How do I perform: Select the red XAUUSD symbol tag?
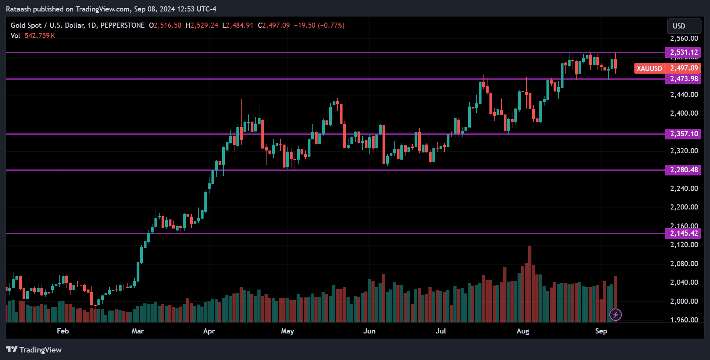pyautogui.click(x=649, y=68)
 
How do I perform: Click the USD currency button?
pyautogui.click(x=683, y=26)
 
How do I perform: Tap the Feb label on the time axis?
pyautogui.click(x=63, y=331)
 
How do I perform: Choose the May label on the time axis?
pyautogui.click(x=287, y=331)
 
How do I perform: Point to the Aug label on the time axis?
pyautogui.click(x=523, y=331)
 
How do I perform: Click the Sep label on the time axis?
pyautogui.click(x=601, y=331)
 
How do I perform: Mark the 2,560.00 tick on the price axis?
pyautogui.click(x=684, y=38)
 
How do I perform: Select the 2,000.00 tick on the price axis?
pyautogui.click(x=684, y=301)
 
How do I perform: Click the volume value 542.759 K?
pyautogui.click(x=40, y=36)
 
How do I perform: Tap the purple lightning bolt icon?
pyautogui.click(x=615, y=315)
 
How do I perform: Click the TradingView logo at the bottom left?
pyautogui.click(x=34, y=350)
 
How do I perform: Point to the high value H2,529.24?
pyautogui.click(x=202, y=25)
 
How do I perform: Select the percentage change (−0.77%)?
pyautogui.click(x=331, y=25)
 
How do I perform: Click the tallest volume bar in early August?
pyautogui.click(x=529, y=284)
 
